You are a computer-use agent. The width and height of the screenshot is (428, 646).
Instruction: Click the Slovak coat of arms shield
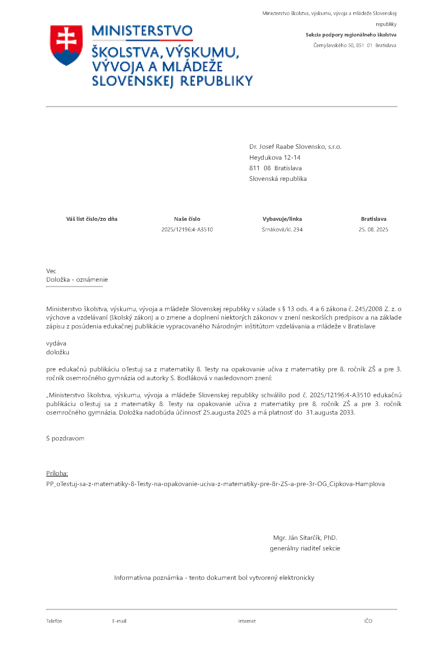coord(66,45)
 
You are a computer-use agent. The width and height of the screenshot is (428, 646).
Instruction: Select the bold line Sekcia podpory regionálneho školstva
coord(351,35)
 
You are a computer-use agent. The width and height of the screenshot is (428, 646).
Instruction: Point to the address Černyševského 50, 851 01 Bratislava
coord(355,45)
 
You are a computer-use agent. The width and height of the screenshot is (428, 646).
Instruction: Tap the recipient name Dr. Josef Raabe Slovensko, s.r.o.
coord(295,147)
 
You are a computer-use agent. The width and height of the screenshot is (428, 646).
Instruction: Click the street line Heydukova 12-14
coord(275,158)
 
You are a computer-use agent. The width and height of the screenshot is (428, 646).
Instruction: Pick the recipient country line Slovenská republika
coord(278,179)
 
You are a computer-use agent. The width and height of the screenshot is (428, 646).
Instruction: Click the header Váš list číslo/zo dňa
coord(92,219)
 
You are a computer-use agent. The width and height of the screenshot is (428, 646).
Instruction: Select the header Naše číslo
coord(187,219)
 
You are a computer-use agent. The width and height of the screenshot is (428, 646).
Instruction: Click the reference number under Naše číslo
coord(187,230)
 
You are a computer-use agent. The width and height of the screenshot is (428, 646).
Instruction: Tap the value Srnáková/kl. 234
coord(282,230)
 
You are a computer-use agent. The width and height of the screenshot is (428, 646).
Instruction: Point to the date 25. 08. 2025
coord(373,230)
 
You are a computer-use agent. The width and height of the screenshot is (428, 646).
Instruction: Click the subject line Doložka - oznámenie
coord(77,280)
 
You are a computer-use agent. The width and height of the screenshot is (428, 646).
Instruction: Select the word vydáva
coord(56,343)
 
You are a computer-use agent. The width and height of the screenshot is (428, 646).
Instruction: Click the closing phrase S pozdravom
coord(65,438)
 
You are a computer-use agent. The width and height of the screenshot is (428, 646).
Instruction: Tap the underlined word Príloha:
coord(57,473)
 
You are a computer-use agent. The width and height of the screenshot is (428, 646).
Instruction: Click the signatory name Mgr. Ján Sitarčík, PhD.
coord(305,538)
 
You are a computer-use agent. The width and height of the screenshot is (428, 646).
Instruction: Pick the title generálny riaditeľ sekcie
coord(305,548)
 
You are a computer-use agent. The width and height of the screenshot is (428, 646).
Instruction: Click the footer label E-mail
coord(119,621)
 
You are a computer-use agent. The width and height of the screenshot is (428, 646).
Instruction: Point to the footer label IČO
coord(368,621)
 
